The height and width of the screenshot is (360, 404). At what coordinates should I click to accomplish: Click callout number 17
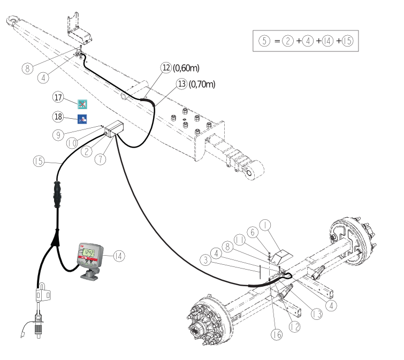[x=58, y=97]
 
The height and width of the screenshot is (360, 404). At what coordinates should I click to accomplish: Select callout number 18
[x=58, y=117]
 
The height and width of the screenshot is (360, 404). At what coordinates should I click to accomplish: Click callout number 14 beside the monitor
[x=119, y=256]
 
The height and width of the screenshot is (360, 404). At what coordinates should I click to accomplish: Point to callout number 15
[x=39, y=161]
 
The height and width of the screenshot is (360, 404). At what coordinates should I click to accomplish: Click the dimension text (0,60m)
[x=186, y=68]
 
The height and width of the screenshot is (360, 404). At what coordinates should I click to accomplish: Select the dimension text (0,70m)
[x=202, y=84]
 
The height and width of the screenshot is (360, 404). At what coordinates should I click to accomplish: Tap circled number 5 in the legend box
[x=264, y=41]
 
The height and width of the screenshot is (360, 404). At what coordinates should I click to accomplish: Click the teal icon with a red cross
[x=82, y=104]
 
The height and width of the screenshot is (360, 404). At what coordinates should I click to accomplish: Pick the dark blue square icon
[x=82, y=119]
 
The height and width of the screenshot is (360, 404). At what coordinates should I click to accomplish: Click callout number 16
[x=277, y=334]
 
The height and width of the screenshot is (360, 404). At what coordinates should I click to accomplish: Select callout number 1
[x=265, y=225]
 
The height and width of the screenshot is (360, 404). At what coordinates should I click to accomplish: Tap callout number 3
[x=205, y=259]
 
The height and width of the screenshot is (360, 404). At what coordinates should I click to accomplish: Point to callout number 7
[x=100, y=159]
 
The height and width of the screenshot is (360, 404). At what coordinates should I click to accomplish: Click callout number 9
[x=58, y=135]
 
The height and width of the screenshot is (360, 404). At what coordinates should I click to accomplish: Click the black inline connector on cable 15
[x=57, y=194]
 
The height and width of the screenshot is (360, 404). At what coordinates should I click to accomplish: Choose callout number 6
[x=253, y=232]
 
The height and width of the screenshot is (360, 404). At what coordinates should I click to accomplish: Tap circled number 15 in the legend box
[x=347, y=41]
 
